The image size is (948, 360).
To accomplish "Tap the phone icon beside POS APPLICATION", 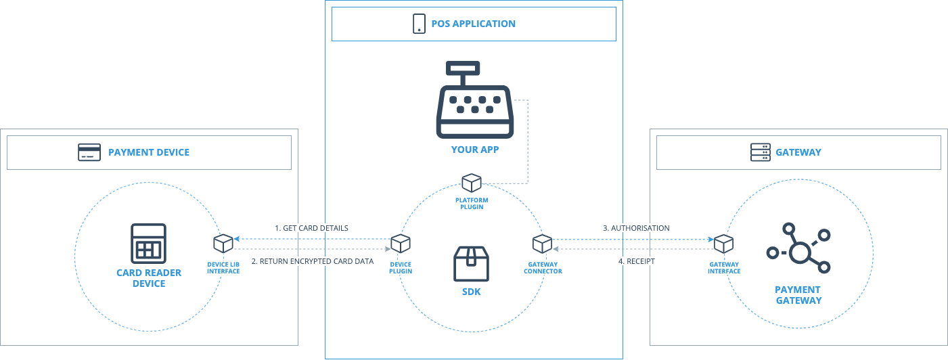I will (x=419, y=24).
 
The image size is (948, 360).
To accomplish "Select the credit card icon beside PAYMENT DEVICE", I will (x=89, y=152).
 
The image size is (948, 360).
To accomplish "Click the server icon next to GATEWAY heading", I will (x=761, y=152).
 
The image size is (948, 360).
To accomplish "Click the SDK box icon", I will (x=471, y=264).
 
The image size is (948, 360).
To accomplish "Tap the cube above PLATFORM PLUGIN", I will (x=472, y=183).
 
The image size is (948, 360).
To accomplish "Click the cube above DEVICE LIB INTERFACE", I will (x=223, y=243).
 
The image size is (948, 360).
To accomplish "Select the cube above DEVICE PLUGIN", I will (x=401, y=243).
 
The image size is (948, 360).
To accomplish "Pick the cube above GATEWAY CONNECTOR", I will (x=542, y=243).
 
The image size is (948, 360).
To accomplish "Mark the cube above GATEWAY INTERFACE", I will (x=724, y=243).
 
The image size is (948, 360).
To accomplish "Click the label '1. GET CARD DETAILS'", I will (x=311, y=228).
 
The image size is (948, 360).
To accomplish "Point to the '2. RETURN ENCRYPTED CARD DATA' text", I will (x=312, y=261).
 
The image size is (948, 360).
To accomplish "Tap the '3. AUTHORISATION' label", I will (x=636, y=228).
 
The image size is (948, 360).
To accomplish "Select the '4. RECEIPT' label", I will (x=636, y=261).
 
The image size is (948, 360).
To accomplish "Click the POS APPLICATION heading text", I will (x=473, y=24).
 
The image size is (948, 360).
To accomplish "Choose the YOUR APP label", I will (x=474, y=149).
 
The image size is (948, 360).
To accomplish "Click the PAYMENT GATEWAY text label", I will (x=798, y=295).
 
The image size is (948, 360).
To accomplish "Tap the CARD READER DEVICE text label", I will (x=149, y=278).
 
